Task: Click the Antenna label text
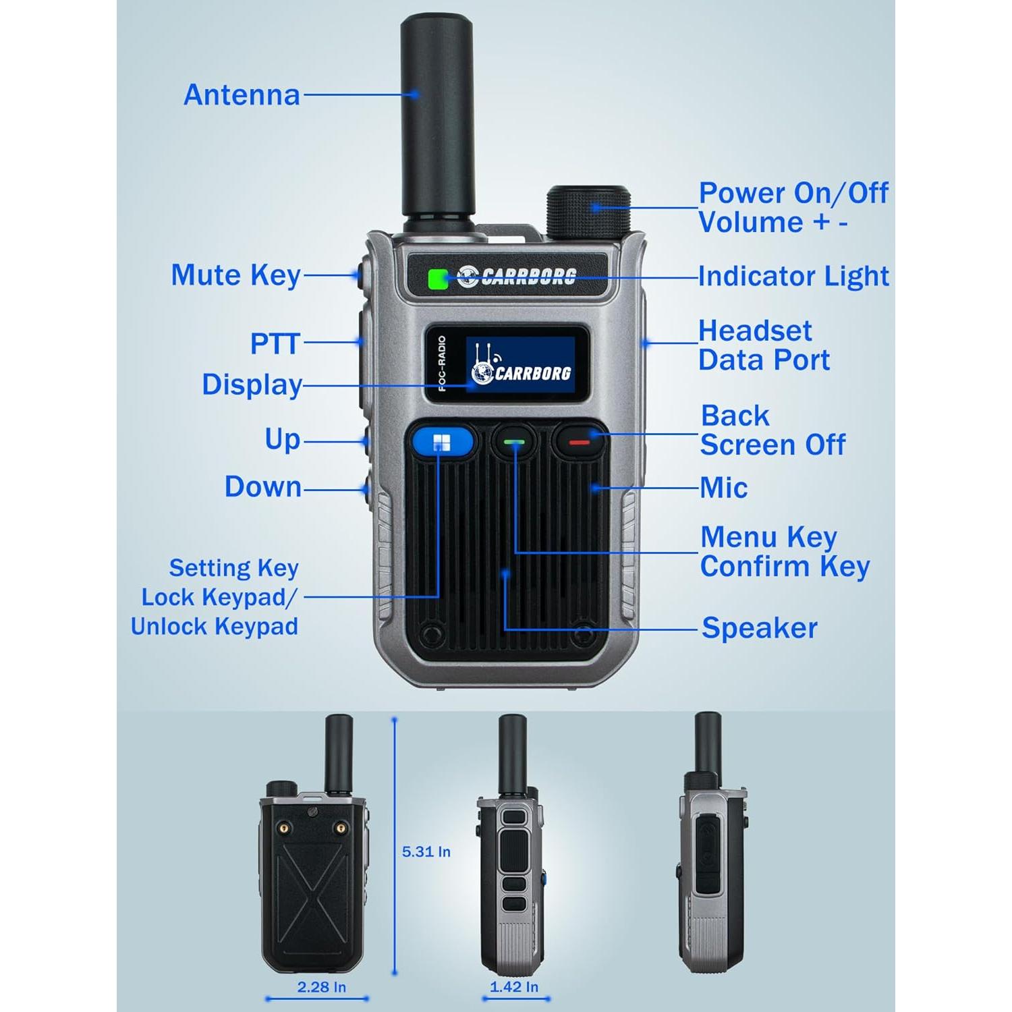click(242, 95)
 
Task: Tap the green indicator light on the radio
click(438, 278)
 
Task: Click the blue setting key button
click(441, 443)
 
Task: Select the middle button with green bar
click(513, 443)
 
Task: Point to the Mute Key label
click(235, 275)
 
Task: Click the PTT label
click(275, 343)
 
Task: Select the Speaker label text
click(759, 628)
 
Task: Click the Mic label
click(723, 488)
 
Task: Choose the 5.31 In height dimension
click(426, 851)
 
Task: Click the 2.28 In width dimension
click(321, 987)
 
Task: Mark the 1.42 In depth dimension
click(514, 987)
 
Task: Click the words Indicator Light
click(793, 276)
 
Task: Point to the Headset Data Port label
click(764, 345)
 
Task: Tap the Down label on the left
click(262, 486)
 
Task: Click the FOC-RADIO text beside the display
click(443, 364)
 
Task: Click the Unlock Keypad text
click(214, 626)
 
